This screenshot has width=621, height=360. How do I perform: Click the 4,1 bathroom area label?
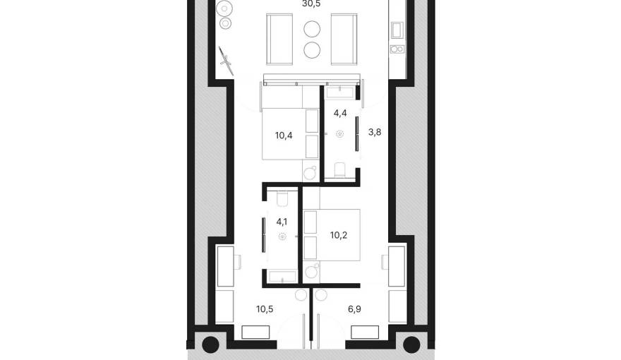pyautogui.click(x=282, y=220)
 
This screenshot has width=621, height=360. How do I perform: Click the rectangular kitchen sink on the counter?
pyautogui.click(x=397, y=30)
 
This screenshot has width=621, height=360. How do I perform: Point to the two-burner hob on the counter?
pyautogui.click(x=397, y=49)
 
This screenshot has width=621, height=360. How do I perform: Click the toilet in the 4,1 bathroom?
pyautogui.click(x=282, y=198)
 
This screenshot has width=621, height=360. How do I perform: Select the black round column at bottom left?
pyautogui.click(x=210, y=345)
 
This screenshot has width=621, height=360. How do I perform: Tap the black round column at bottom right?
pyautogui.click(x=411, y=345)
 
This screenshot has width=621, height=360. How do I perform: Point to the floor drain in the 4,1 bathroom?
pyautogui.click(x=282, y=237)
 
